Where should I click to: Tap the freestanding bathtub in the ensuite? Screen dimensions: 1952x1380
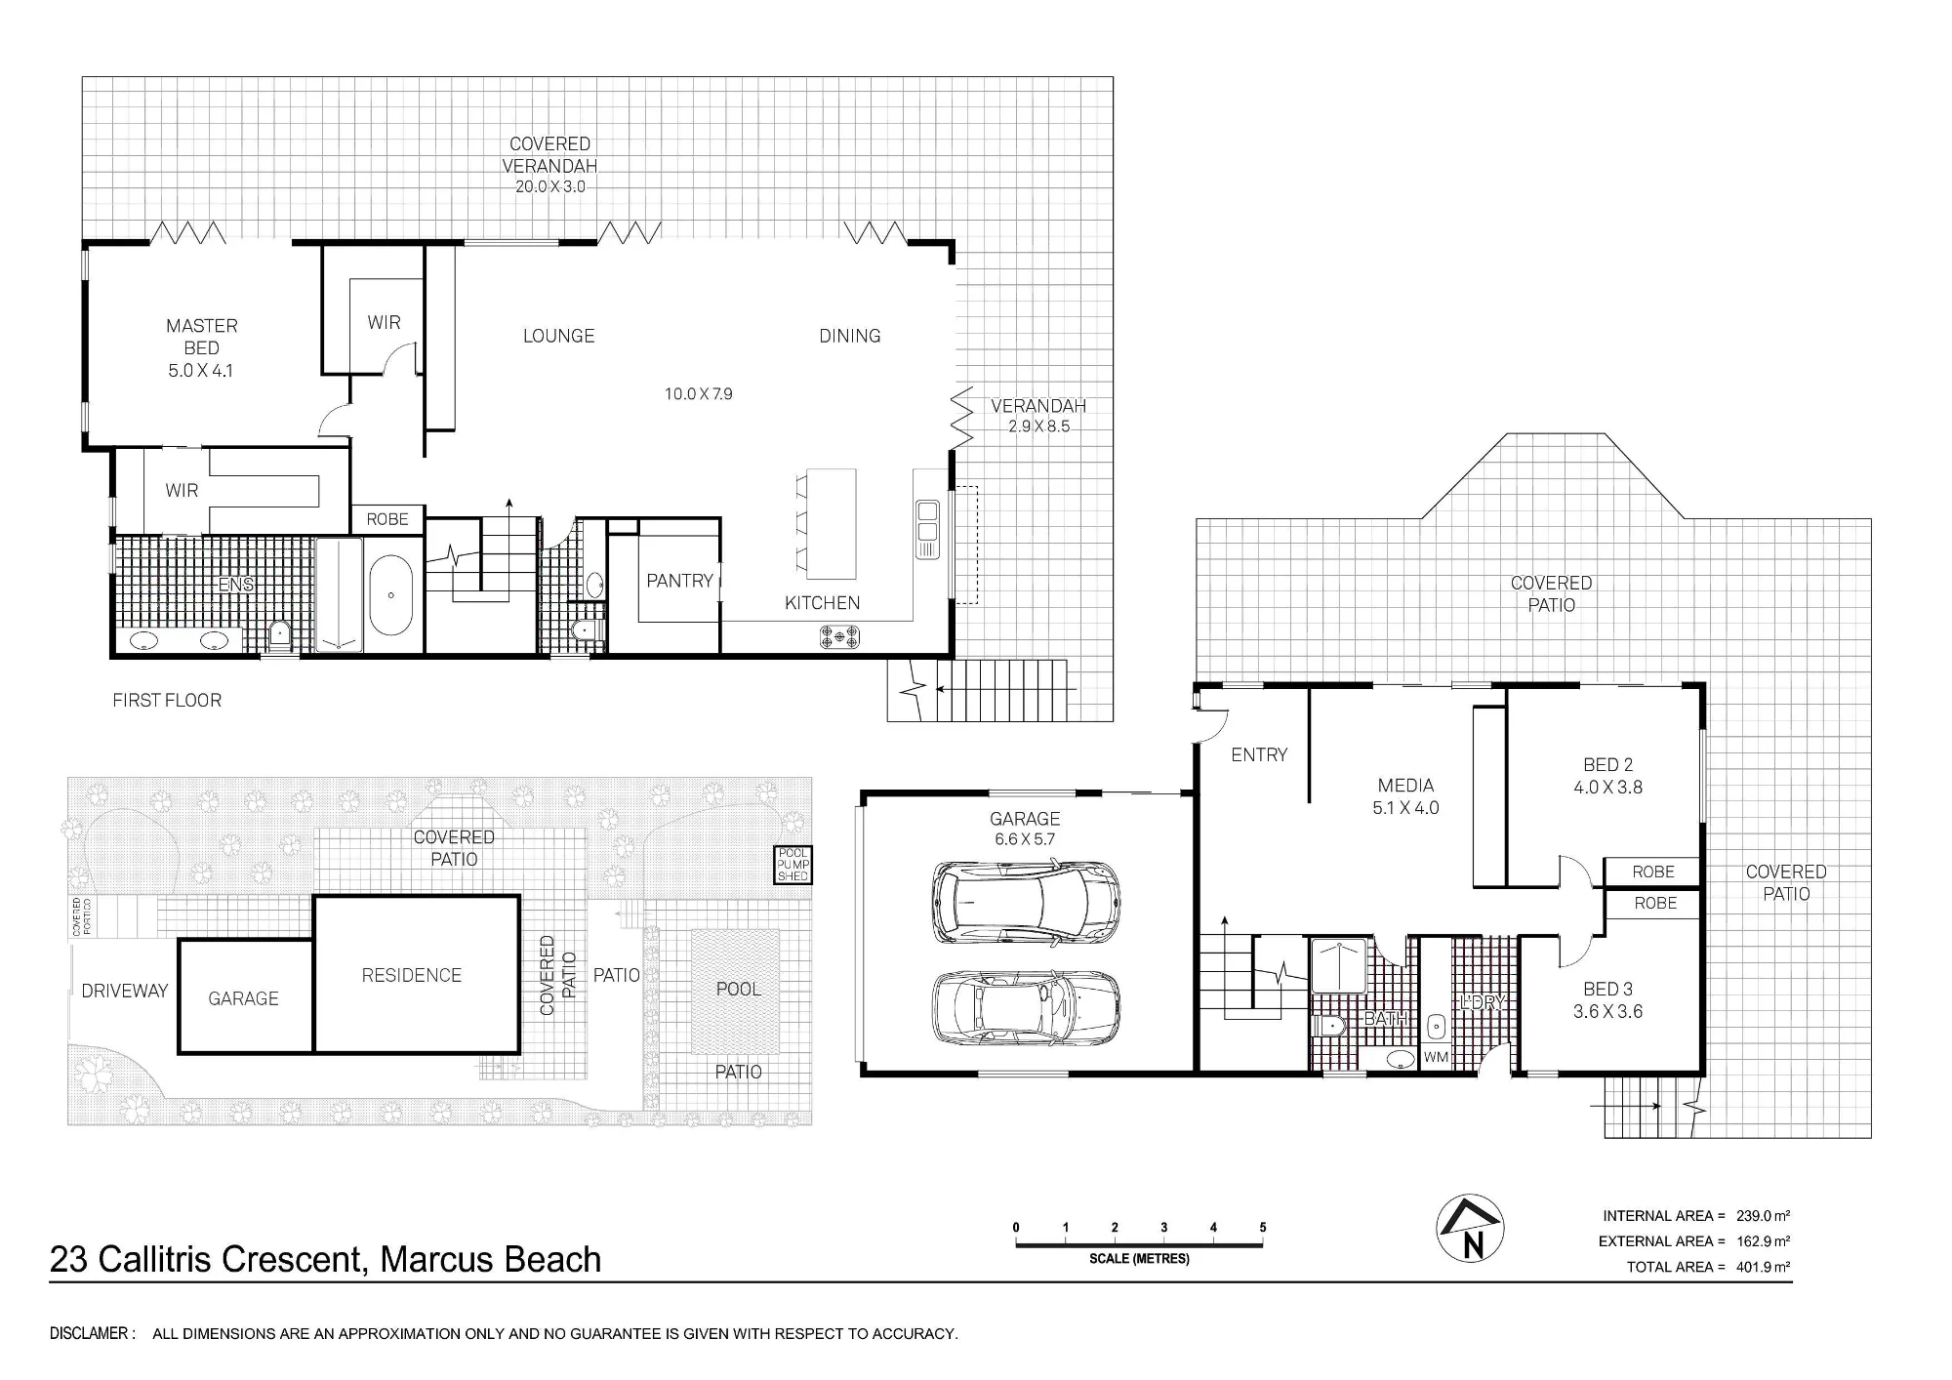(390, 595)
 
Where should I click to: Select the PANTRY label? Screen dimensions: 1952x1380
(680, 581)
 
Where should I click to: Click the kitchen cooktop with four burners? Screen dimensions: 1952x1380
(839, 638)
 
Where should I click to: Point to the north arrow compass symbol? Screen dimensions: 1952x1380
(1470, 1228)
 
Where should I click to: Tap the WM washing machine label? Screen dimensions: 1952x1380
(1436, 1057)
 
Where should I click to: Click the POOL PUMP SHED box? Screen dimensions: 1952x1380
(793, 865)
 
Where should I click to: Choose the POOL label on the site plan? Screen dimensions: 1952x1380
(738, 989)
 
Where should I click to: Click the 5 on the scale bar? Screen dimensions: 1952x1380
(1263, 1228)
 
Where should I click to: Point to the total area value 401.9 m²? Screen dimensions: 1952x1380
(1764, 1267)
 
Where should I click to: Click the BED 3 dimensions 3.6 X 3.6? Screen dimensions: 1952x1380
(1607, 1012)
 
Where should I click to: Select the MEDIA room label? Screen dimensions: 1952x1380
(1405, 786)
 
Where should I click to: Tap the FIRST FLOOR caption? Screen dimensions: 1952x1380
(167, 700)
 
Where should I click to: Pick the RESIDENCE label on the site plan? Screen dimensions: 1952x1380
(411, 975)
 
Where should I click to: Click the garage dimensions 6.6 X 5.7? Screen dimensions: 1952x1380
(1024, 839)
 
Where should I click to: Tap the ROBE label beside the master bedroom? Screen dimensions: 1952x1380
(387, 519)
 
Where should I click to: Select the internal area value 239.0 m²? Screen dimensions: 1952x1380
(1764, 1216)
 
